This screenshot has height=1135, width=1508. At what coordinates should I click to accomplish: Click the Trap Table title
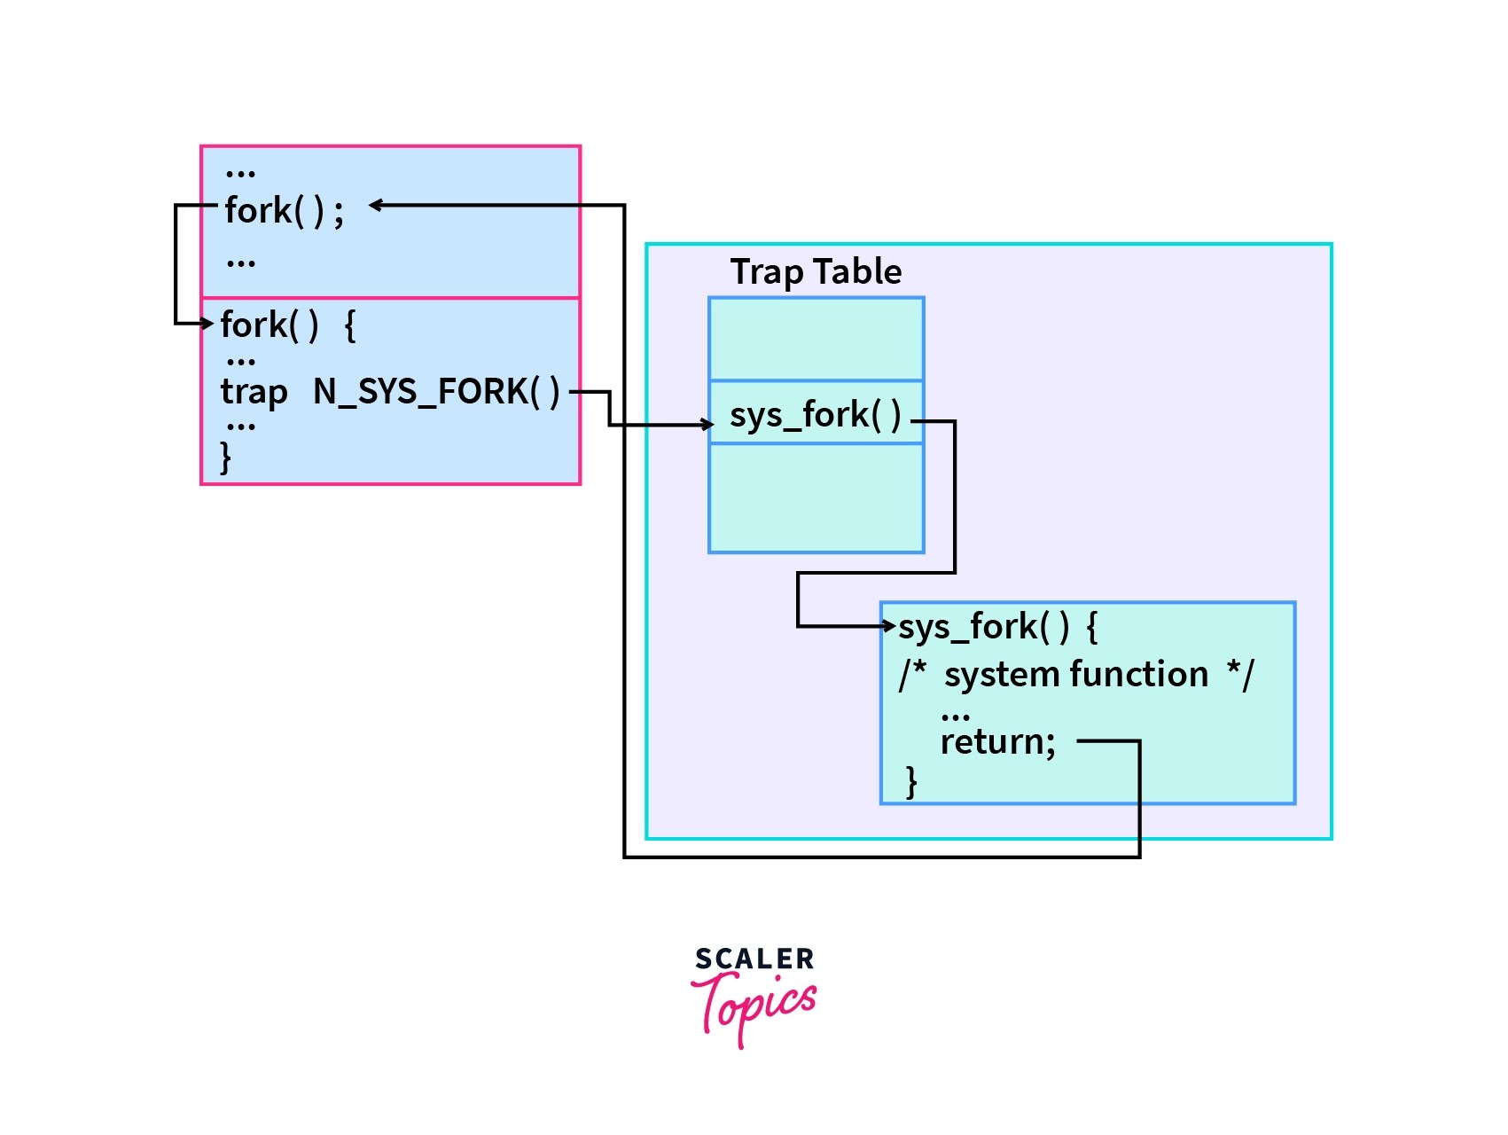816,271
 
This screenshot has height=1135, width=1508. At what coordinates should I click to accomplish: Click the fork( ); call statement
284,211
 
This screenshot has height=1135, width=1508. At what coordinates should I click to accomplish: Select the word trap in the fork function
254,392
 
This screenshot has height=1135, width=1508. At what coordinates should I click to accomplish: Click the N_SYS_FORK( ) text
436,391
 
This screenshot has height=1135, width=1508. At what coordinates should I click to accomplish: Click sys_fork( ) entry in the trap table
815,414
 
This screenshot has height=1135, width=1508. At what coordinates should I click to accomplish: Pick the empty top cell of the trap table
816,340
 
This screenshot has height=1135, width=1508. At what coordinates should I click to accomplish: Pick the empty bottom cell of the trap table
816,498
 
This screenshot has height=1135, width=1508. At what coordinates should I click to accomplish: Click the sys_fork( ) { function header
997,627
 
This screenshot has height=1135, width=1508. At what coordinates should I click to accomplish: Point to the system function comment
1076,675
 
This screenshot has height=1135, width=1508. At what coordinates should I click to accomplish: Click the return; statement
997,741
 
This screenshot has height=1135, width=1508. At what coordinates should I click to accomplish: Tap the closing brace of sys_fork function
911,782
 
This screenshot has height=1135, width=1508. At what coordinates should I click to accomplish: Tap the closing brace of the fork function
226,458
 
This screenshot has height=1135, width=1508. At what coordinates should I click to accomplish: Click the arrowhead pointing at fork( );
375,206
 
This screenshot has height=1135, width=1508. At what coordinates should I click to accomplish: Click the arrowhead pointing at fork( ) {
208,324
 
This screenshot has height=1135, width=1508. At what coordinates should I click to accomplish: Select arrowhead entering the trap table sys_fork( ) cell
707,425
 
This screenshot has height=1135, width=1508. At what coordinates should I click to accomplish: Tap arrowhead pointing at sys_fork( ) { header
890,626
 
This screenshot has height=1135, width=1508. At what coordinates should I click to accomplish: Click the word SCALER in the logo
754,959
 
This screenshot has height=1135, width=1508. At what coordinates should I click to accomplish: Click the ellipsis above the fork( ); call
240,172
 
